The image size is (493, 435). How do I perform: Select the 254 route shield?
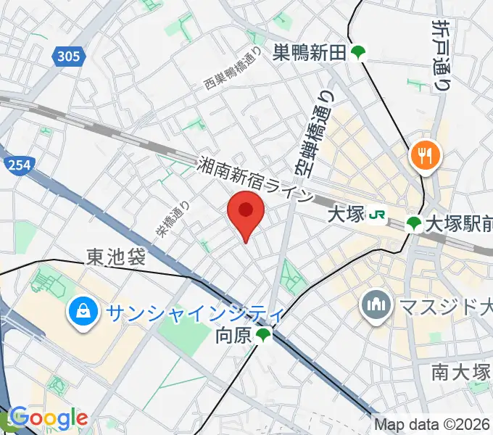(19, 166)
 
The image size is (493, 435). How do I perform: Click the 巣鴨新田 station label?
(310, 52)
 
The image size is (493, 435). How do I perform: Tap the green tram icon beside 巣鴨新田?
(358, 52)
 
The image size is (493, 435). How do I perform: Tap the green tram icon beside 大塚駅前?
(414, 223)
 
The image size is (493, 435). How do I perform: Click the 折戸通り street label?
(440, 55)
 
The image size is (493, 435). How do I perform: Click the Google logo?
(48, 418)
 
